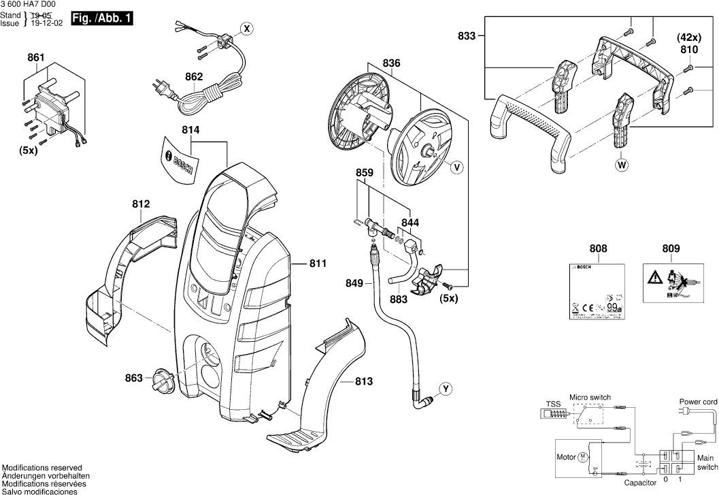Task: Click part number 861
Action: (35, 59)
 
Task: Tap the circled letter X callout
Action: (247, 29)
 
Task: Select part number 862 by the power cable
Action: (194, 77)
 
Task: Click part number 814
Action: (191, 129)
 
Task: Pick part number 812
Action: (141, 203)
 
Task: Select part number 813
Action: (364, 382)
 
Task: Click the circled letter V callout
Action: (456, 165)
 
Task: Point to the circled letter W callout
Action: (620, 164)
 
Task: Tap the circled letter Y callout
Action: (445, 389)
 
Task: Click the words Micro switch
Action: (590, 397)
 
